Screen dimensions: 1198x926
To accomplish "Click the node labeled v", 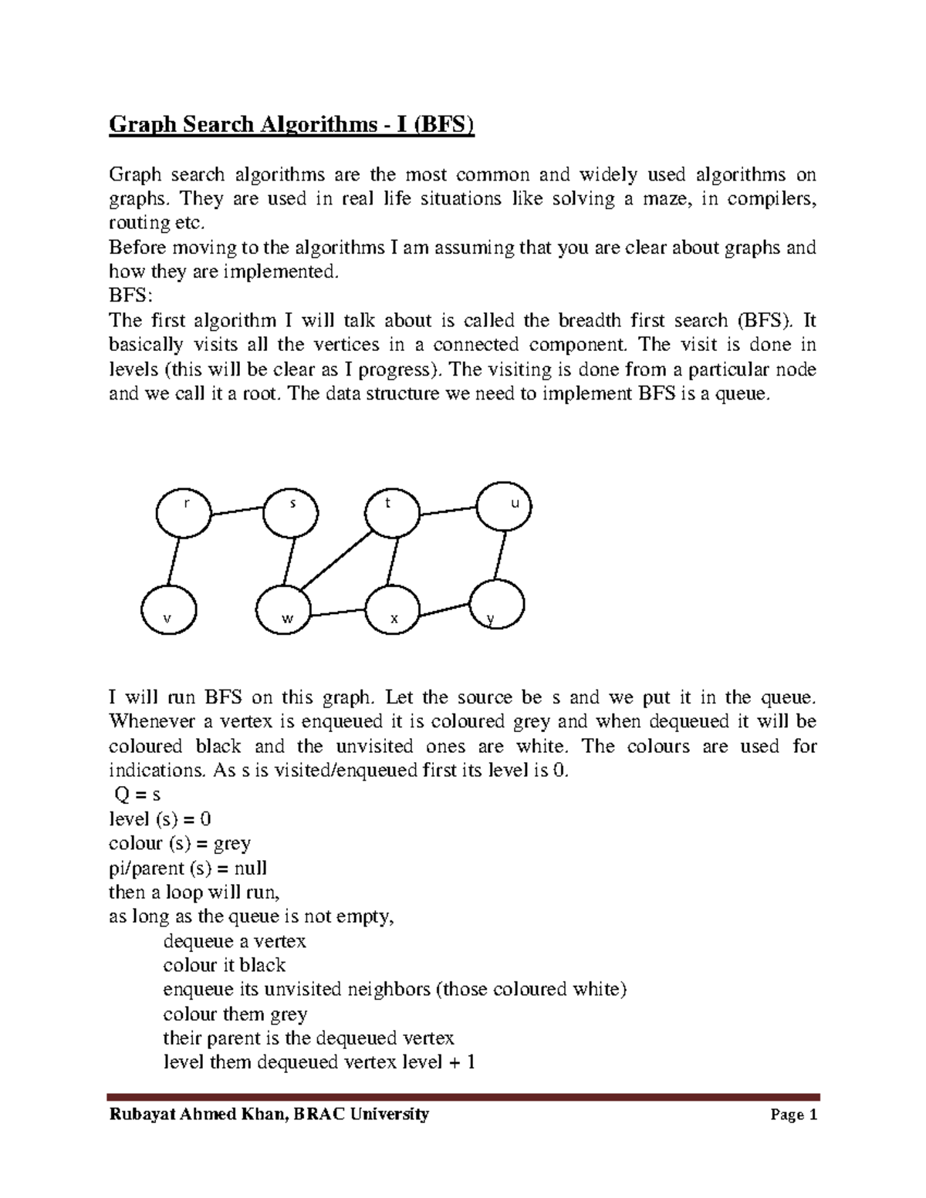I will tap(169, 609).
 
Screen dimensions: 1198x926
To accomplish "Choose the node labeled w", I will tap(284, 613).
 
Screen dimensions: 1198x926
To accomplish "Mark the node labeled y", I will tap(497, 605).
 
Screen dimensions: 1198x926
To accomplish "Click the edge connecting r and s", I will tap(237, 510).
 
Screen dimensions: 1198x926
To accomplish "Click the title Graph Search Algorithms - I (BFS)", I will tap(291, 123).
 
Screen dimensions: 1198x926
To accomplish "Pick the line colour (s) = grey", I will tap(180, 843).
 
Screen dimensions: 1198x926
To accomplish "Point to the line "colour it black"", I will tap(225, 965).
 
